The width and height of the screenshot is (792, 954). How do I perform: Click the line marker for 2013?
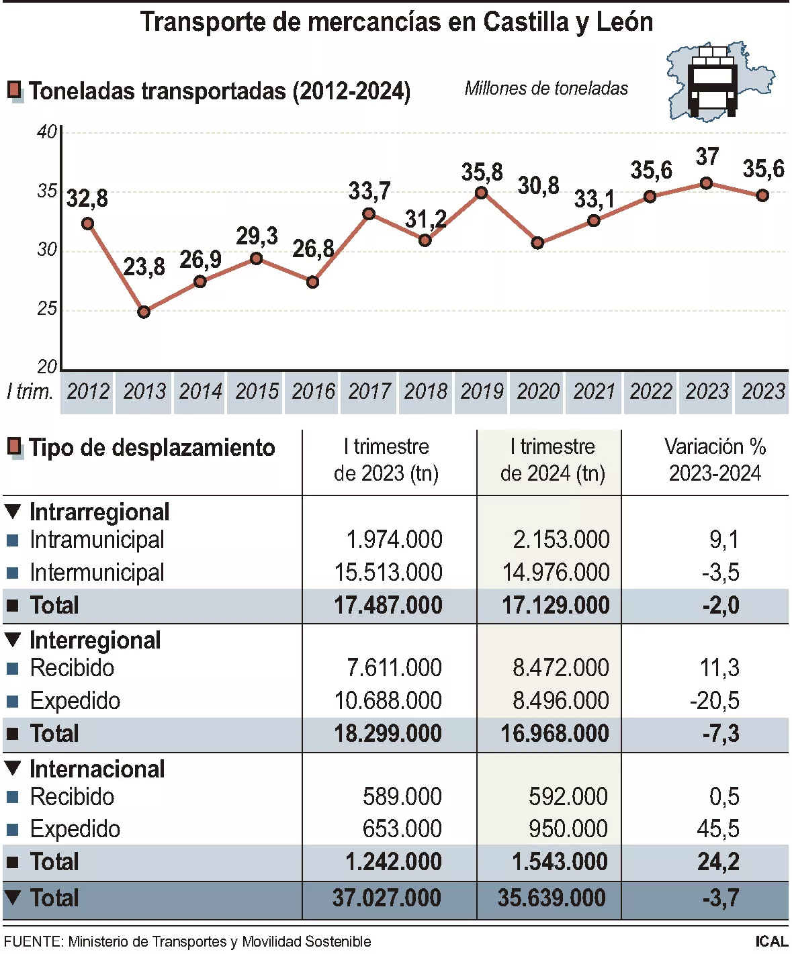144,312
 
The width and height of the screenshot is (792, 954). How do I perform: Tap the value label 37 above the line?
707,157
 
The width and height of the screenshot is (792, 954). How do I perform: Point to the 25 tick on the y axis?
47,309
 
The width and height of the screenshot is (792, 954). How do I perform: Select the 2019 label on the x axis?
482,391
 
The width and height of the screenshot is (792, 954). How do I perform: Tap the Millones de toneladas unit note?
546,88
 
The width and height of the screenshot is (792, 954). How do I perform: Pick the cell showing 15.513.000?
388,573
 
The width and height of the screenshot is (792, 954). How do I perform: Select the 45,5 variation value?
718,829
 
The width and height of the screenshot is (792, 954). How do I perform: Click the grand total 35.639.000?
552,898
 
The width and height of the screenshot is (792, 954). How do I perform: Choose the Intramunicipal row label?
97,540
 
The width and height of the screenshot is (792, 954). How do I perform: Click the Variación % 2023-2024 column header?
715,460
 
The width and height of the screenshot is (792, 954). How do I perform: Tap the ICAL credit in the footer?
771,942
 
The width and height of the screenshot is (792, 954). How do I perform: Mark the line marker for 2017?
369,214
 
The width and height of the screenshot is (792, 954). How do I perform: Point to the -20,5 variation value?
715,701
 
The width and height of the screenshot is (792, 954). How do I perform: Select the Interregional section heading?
95,640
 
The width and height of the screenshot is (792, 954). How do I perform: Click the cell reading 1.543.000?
560,862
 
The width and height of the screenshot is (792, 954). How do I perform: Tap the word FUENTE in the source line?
32,942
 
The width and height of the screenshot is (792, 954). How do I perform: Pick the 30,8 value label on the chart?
538,186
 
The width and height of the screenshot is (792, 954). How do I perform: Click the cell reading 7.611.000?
394,668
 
